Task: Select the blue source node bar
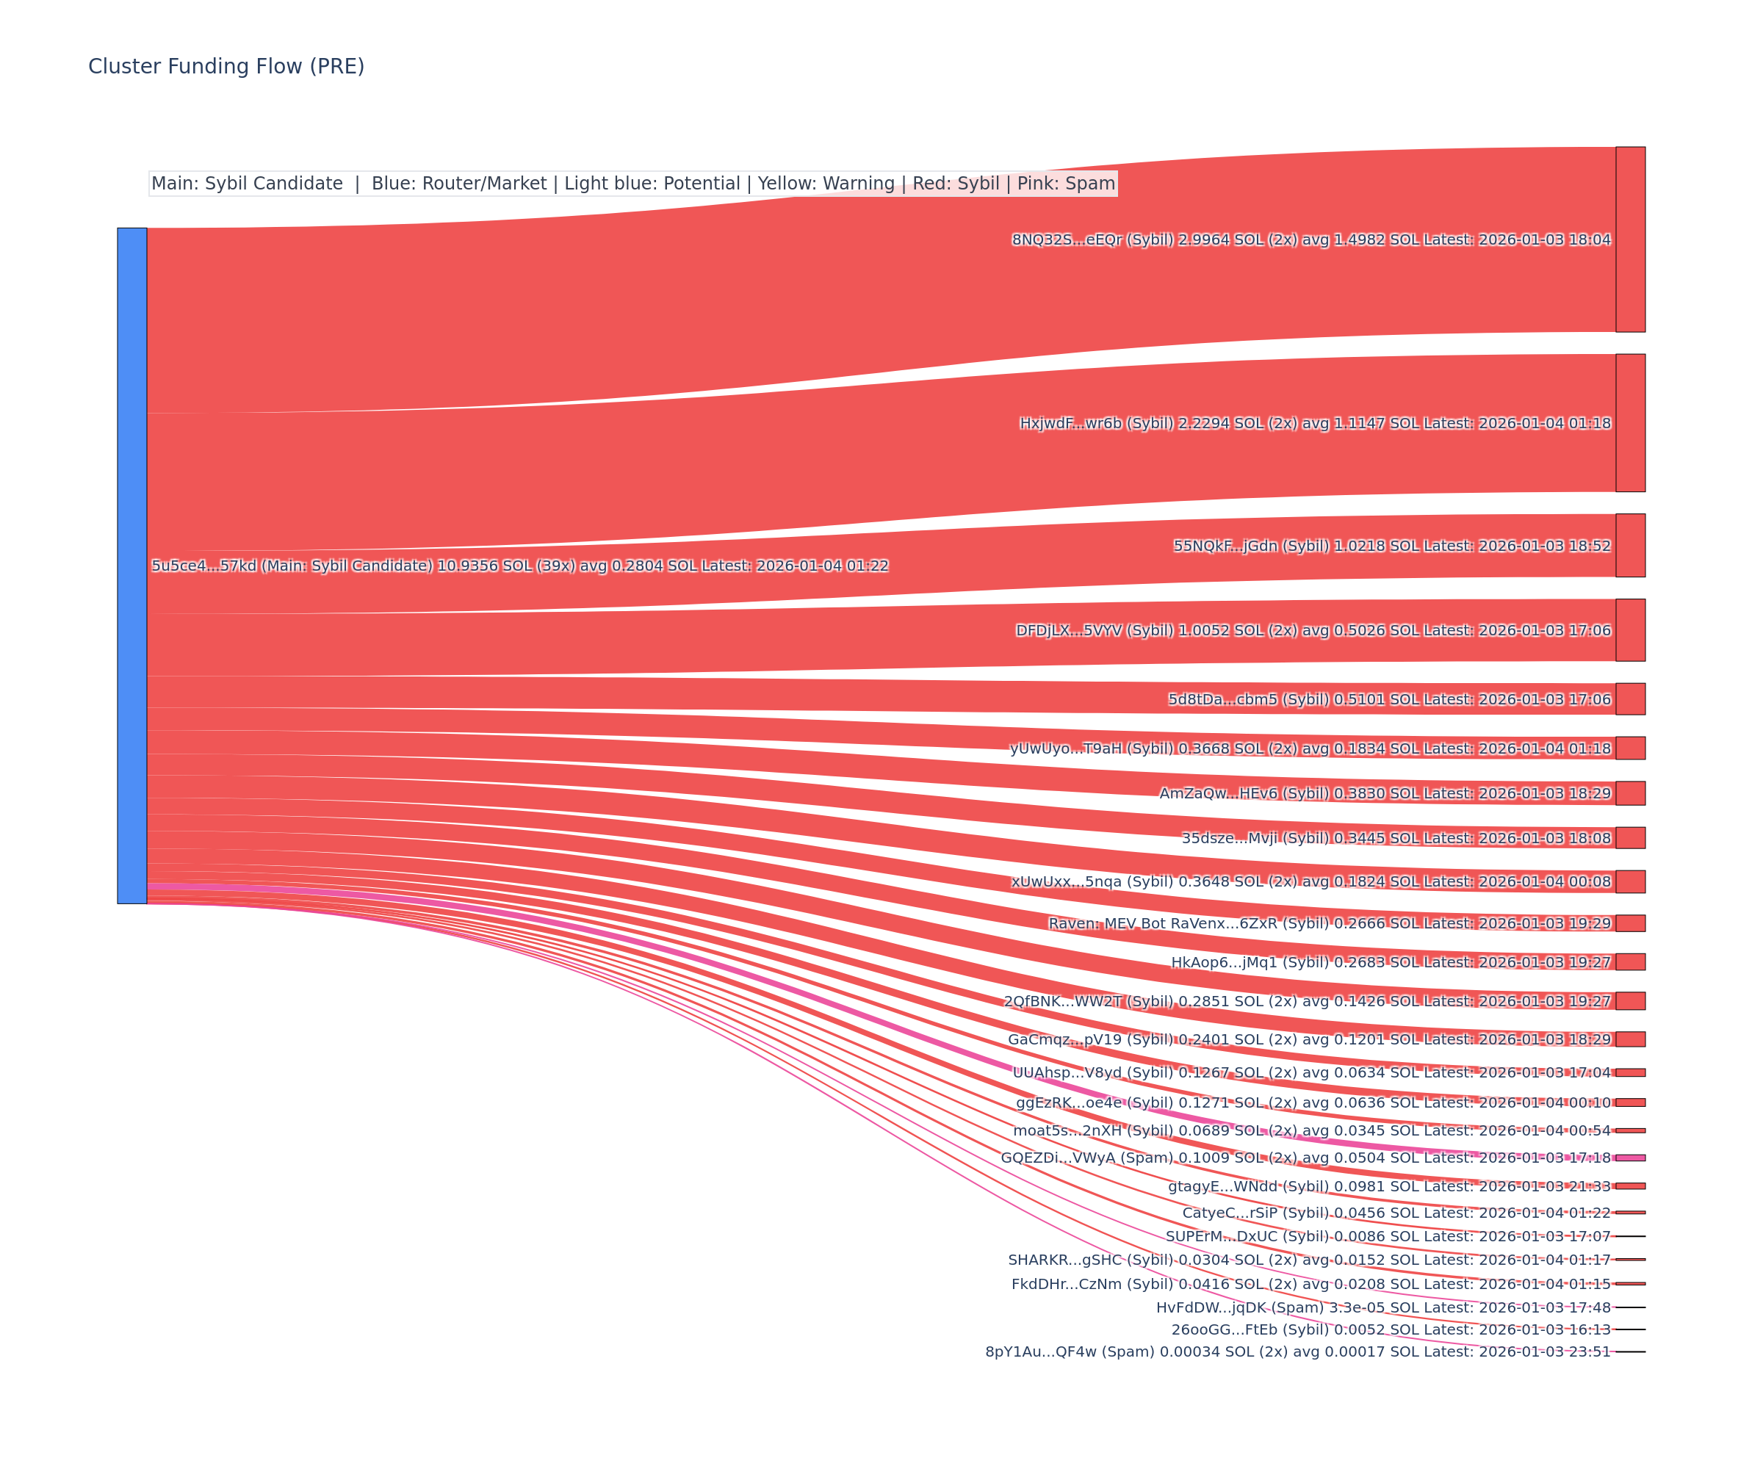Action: (131, 565)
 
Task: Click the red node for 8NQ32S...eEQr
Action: (1629, 239)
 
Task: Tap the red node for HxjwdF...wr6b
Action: (1629, 422)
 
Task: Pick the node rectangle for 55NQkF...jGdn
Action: (1629, 545)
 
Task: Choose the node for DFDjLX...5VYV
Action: (1629, 629)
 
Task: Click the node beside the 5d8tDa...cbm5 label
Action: (1629, 699)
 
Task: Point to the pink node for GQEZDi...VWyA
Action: (1629, 1158)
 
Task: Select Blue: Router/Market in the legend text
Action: (458, 184)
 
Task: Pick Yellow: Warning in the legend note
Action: (826, 184)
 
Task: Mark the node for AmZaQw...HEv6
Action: (1629, 793)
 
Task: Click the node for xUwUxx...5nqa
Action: (1629, 881)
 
